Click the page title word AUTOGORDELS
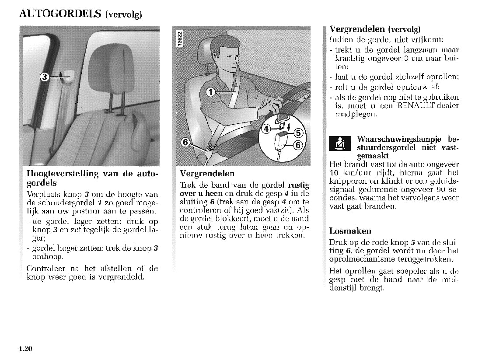pos(60,13)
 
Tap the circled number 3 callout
pos(44,77)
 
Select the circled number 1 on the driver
pos(211,92)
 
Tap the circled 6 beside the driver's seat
pos(185,142)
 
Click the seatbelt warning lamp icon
pos(340,143)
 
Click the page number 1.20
pos(26,349)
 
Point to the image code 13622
pos(180,39)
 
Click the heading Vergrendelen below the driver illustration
pos(207,173)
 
